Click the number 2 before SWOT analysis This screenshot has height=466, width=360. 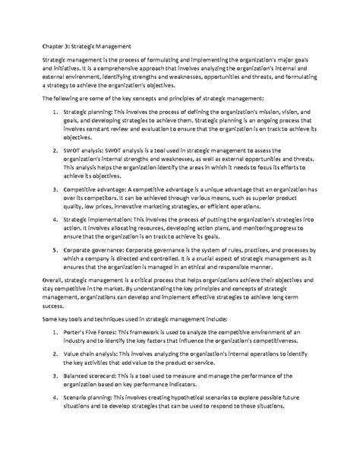coord(58,151)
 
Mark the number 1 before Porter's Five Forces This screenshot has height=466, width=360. coord(58,356)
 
